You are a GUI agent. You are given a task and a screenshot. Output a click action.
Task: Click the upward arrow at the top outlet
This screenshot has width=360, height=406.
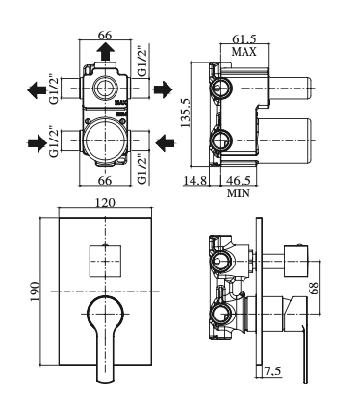[106, 52]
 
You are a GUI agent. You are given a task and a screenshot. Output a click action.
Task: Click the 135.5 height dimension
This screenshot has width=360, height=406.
[186, 113]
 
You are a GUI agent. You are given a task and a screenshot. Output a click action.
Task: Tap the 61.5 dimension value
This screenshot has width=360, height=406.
[244, 38]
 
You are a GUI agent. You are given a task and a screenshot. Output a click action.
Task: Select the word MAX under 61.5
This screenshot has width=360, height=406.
[244, 51]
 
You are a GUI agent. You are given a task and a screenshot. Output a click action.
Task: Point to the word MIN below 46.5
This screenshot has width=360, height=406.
[239, 193]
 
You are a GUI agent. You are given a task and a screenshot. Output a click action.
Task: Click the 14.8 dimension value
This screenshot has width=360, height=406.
[195, 180]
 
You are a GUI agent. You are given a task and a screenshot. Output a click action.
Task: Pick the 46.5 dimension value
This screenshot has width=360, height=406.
[239, 180]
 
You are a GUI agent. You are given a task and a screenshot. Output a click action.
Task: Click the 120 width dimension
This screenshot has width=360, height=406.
[105, 203]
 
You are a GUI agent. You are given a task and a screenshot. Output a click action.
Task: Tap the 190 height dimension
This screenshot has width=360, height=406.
[35, 292]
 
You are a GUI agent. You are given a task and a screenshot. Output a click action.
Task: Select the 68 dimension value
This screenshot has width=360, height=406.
[314, 288]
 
